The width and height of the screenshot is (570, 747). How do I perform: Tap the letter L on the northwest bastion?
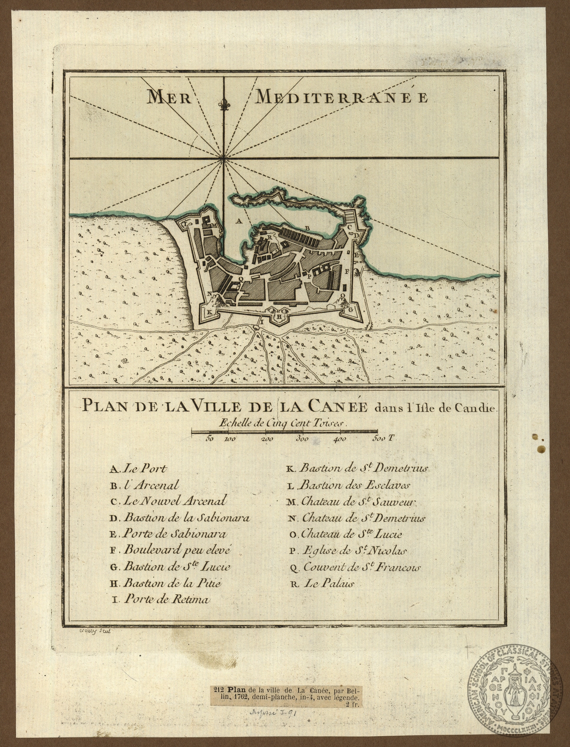185,224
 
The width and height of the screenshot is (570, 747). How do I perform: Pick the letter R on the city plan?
270,237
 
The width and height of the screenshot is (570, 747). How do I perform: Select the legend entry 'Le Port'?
139,469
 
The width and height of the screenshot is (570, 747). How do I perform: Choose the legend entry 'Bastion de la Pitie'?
166,583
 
